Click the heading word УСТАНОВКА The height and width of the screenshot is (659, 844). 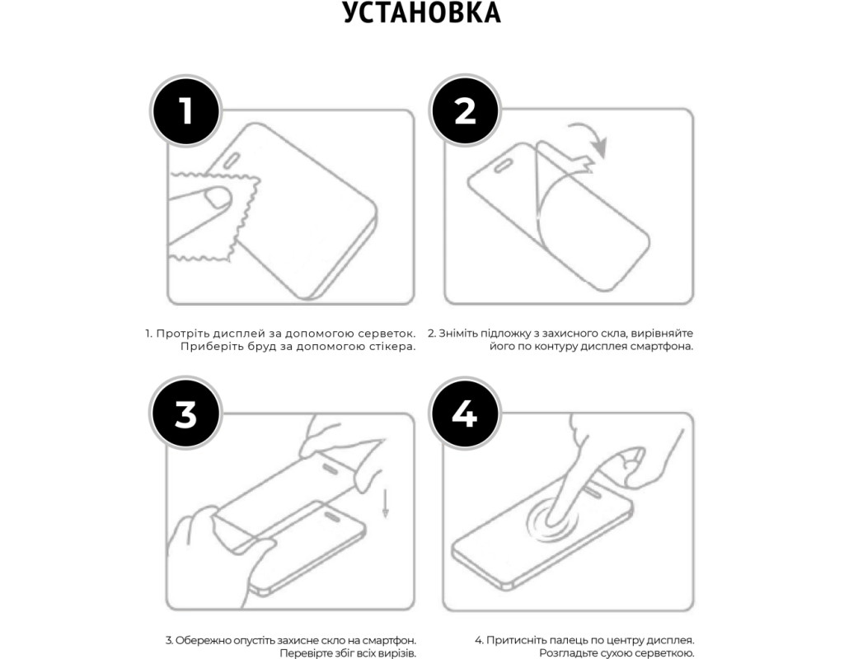[x=422, y=13]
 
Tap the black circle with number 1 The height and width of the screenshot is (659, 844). [x=185, y=111]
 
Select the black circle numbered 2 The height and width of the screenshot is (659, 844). [x=465, y=110]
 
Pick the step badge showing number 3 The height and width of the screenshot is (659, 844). [x=185, y=414]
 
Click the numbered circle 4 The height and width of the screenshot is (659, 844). [x=465, y=414]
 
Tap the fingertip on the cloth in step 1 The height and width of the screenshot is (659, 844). [x=218, y=197]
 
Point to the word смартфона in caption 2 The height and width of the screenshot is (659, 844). [x=665, y=347]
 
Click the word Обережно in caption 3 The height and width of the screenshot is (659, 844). [x=200, y=641]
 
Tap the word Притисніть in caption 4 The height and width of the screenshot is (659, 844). [x=514, y=641]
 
